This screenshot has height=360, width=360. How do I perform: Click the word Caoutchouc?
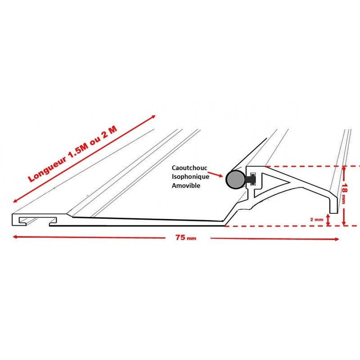189,168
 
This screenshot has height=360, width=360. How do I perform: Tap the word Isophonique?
190,177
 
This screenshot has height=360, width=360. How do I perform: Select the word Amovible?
186,185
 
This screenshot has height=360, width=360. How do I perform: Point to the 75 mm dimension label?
186,238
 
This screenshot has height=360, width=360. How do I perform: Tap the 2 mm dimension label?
317,220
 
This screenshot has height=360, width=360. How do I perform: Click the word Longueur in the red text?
47,169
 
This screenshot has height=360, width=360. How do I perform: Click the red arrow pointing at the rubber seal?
216,174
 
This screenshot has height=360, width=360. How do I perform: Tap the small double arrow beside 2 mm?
328,220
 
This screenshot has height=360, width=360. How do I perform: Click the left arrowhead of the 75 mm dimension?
15,237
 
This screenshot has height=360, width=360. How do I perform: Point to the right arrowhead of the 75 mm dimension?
337,239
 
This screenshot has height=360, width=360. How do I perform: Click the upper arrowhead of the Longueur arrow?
153,117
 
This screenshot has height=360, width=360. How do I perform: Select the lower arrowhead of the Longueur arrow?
15,201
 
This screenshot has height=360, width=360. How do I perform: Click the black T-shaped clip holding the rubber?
251,179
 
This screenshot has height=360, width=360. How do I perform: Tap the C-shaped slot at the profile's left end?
35,220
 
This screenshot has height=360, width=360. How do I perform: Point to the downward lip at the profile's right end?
334,204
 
